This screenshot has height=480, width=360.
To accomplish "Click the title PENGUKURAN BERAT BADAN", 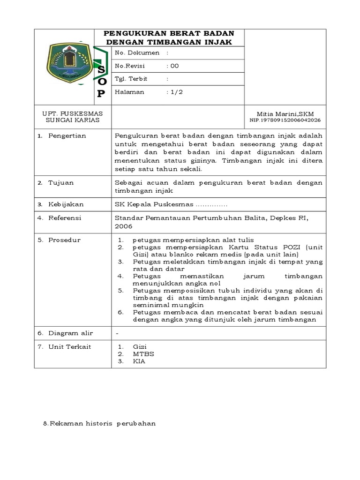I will pyautogui.click(x=169, y=33).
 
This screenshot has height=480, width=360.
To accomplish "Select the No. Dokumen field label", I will pyautogui.click(x=137, y=53).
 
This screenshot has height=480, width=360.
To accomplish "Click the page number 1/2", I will pyautogui.click(x=176, y=92).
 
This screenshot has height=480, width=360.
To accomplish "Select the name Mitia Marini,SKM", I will pyautogui.click(x=285, y=114).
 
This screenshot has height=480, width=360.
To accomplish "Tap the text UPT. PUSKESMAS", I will pyautogui.click(x=72, y=114).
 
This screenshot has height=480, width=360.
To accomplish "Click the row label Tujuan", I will pyautogui.click(x=61, y=183).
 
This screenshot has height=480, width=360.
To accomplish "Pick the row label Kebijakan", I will pyautogui.click(x=66, y=205).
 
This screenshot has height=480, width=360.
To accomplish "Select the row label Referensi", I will pyautogui.click(x=65, y=218).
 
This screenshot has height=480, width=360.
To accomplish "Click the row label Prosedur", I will pyautogui.click(x=64, y=240).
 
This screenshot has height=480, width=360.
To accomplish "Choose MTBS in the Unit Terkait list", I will pyautogui.click(x=143, y=354).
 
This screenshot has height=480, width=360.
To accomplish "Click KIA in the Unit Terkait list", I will pyautogui.click(x=139, y=361).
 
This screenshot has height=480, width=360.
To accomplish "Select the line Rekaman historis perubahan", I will pyautogui.click(x=99, y=423).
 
